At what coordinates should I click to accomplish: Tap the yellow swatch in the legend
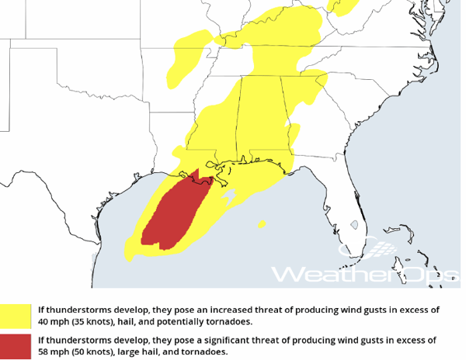coord(16,316)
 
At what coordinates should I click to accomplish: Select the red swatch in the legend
coord(16,346)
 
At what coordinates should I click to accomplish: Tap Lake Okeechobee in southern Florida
coord(354,226)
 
